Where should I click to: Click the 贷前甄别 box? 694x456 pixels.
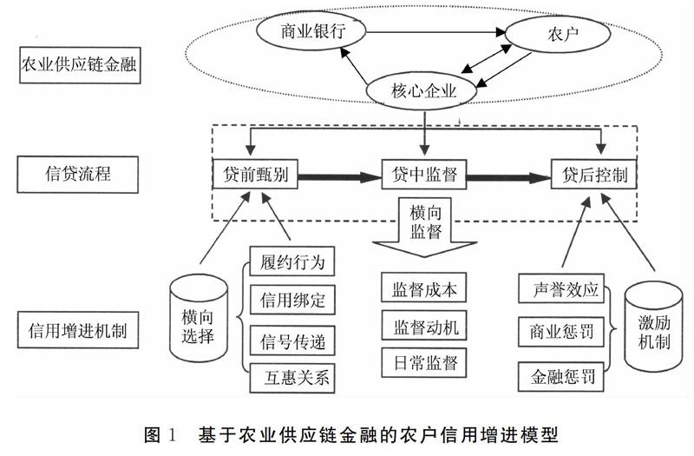pos(255,175)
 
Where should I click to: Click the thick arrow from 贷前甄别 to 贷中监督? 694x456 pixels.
pos(340,176)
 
